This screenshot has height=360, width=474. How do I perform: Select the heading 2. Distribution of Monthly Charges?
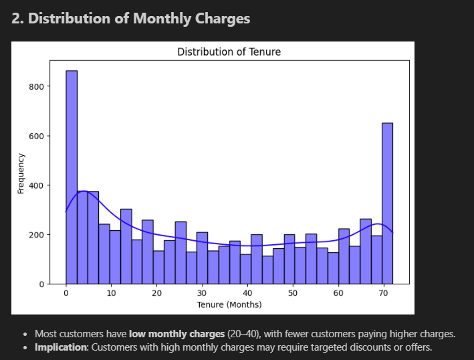pos(131,19)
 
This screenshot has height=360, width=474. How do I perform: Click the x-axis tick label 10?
pos(111,293)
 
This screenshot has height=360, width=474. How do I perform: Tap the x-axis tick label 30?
pos(202,293)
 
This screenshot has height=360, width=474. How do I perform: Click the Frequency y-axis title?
pos(21,173)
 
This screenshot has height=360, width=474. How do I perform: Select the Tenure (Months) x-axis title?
pos(229,304)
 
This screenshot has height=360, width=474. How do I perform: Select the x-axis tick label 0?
pos(66,293)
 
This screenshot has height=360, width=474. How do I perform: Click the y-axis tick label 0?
pos(41,284)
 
